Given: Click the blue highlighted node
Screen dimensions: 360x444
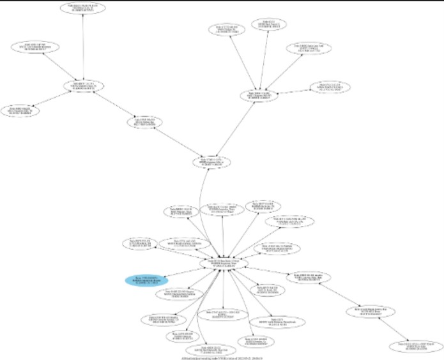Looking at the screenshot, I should click(x=146, y=279).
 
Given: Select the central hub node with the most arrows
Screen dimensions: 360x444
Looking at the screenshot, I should click(x=222, y=262).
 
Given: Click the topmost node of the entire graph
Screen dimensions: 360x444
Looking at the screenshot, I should click(x=82, y=8).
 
